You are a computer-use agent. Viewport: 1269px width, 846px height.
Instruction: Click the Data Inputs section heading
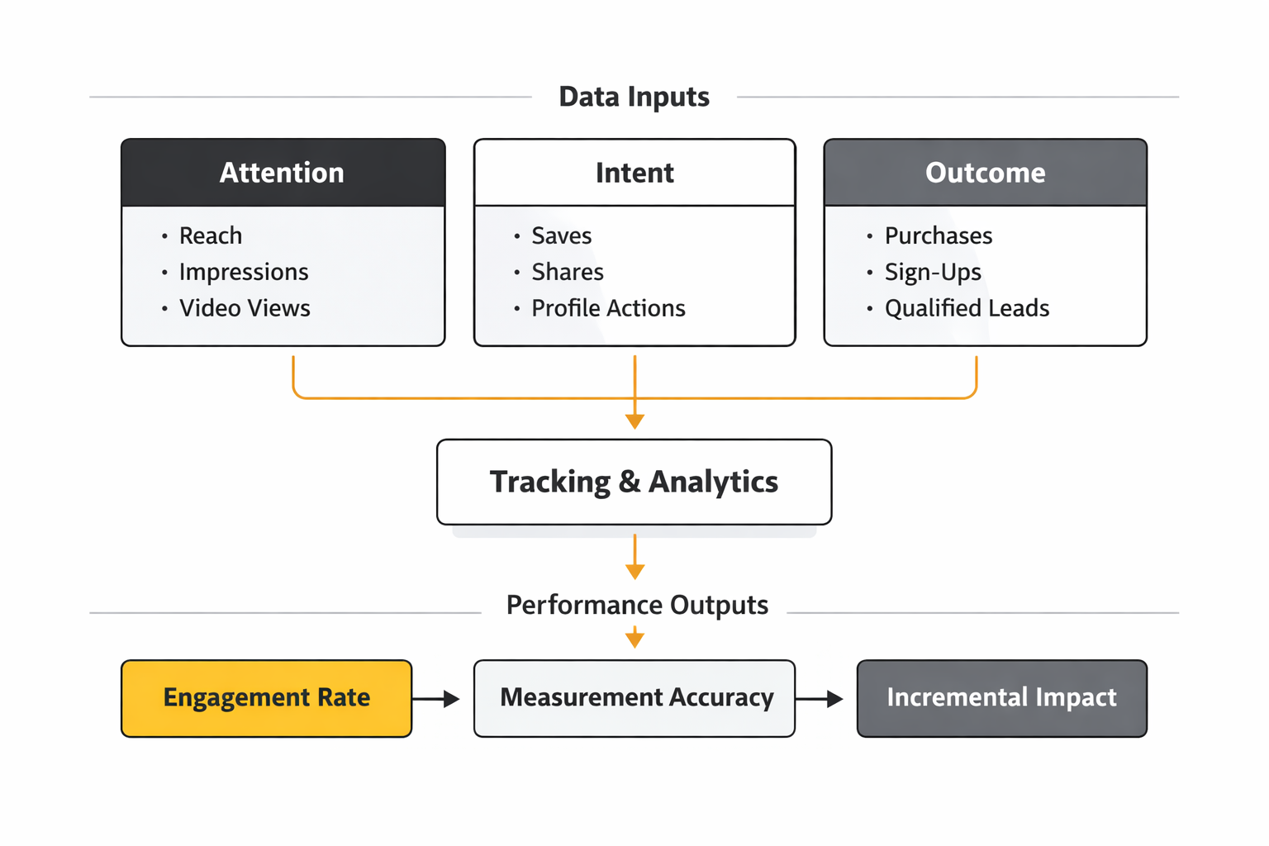click(634, 97)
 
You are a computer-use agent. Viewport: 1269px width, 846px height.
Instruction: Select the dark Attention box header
click(283, 173)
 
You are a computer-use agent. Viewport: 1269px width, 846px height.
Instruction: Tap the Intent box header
click(634, 173)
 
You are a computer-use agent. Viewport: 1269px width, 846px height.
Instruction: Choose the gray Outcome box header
click(985, 173)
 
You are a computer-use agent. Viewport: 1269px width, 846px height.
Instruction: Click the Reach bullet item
click(211, 235)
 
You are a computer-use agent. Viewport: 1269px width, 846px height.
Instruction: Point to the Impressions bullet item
click(243, 272)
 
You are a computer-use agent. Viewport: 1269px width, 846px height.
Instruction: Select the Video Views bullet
click(245, 308)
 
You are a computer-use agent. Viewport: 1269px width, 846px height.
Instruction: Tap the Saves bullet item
click(561, 235)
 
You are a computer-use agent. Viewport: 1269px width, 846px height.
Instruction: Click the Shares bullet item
click(567, 272)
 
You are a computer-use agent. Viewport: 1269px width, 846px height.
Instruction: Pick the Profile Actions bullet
click(608, 308)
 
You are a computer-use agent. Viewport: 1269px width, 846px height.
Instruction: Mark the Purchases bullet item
click(938, 235)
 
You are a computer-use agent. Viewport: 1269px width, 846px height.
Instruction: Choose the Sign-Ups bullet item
click(933, 272)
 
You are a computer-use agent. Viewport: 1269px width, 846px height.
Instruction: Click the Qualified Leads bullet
click(967, 308)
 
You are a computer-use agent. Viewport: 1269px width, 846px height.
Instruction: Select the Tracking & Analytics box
click(634, 482)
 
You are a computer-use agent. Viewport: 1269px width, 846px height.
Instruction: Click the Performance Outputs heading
click(637, 605)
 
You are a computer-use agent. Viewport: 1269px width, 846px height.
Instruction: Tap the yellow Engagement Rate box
click(266, 698)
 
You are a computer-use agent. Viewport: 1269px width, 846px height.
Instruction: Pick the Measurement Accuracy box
click(634, 698)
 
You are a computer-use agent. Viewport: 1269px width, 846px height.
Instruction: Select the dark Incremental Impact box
click(1001, 698)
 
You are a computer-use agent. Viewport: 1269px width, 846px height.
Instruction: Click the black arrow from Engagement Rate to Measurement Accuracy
click(435, 699)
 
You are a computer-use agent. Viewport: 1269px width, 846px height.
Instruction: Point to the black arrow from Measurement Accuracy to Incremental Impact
click(820, 699)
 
